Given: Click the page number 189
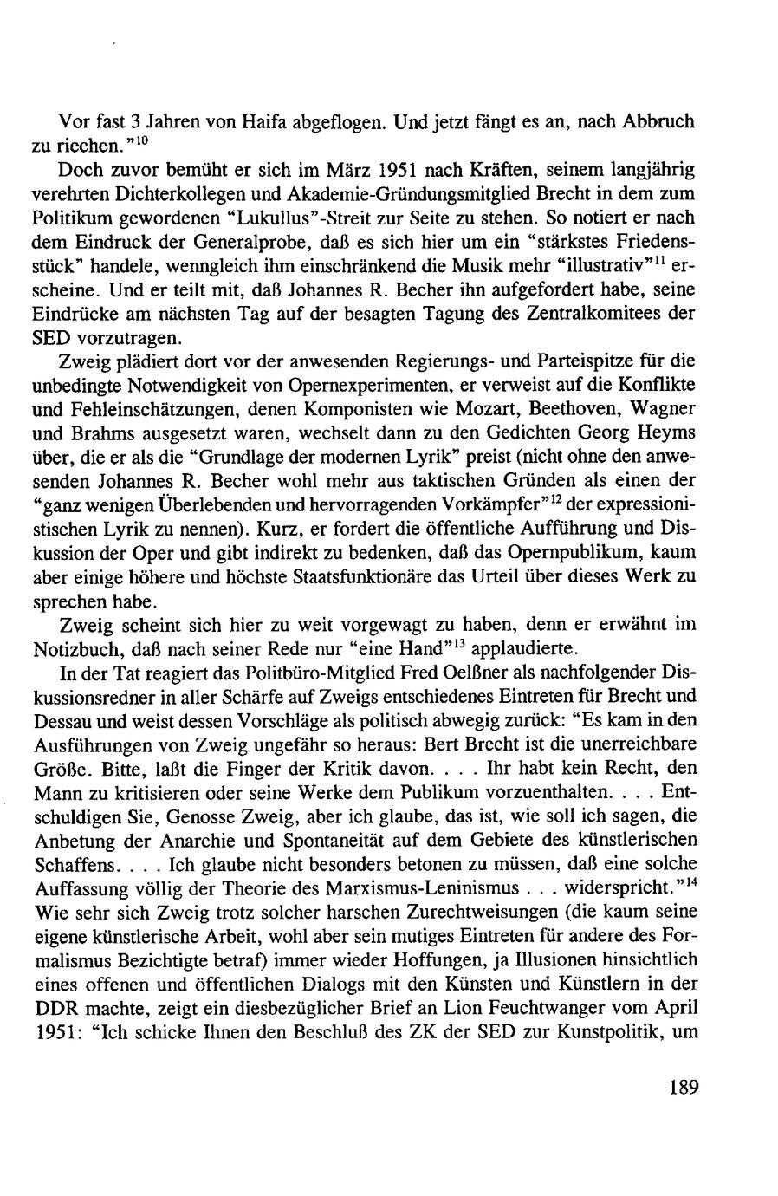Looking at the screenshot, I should coord(684,1088).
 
